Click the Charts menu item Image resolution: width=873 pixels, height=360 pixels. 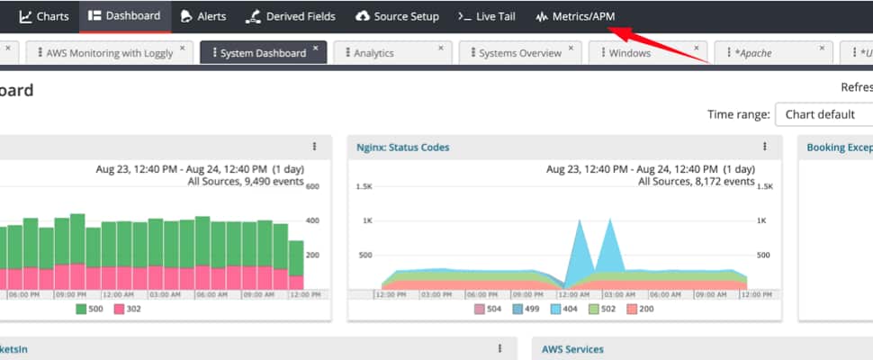coord(44,16)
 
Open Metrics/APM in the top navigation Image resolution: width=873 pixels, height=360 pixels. coord(575,16)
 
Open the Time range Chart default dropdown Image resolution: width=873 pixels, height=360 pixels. coord(823,114)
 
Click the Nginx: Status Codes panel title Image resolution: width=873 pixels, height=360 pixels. coord(402,147)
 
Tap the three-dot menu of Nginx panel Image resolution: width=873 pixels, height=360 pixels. coord(765,147)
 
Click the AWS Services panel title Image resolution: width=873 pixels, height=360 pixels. coord(572,349)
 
